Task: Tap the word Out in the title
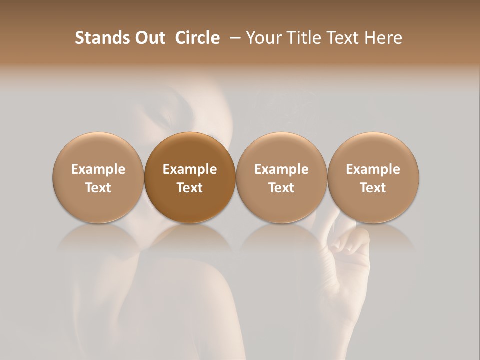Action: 148,38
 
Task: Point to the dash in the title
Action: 233,38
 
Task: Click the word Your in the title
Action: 263,38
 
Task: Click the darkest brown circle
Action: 190,150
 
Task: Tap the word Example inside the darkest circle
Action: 190,169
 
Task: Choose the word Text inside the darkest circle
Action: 190,188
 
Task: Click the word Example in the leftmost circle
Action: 98,169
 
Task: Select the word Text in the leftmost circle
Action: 98,188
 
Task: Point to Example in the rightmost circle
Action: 373,169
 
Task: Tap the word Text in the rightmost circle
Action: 373,188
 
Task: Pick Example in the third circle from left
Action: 281,169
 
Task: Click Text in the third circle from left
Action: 281,188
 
